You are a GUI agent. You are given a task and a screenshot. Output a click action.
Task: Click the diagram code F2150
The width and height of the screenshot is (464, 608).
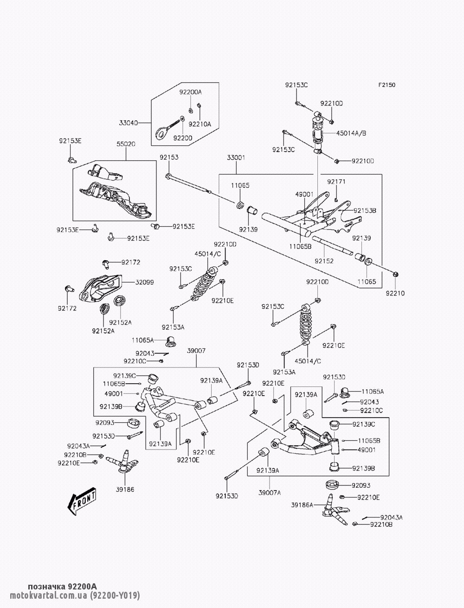pos(387,85)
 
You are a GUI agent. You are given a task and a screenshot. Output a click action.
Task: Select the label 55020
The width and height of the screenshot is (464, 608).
pos(126,144)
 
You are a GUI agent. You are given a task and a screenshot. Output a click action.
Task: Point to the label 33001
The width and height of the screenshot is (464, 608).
pos(236,157)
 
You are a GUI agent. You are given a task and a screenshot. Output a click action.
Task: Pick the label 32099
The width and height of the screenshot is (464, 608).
pos(145,282)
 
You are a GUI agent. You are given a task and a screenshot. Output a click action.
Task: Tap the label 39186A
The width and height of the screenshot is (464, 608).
pos(302,504)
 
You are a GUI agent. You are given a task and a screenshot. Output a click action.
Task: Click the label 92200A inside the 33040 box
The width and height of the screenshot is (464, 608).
pos(191,92)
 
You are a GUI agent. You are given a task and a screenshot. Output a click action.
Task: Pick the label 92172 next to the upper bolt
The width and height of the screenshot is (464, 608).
pos(131,263)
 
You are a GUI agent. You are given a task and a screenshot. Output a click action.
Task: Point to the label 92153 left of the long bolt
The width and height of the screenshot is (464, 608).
pos(169,157)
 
